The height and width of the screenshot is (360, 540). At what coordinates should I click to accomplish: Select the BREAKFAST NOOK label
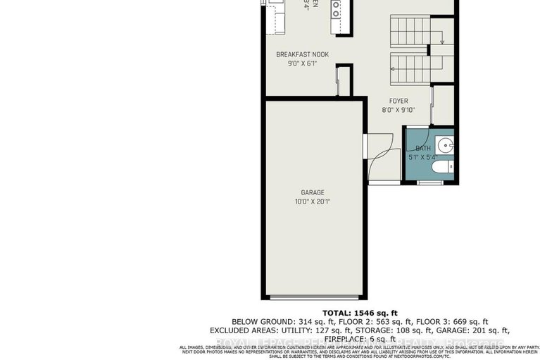coord(302,54)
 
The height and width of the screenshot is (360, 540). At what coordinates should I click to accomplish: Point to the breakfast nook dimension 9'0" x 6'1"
coord(302,63)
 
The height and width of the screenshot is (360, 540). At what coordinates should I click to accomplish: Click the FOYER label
coord(398,101)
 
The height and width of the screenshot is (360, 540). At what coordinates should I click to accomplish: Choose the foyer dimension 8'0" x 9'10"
coord(398,110)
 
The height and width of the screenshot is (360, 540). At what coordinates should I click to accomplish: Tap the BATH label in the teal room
coord(422,148)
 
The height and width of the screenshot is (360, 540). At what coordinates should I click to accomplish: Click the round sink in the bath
coord(445,146)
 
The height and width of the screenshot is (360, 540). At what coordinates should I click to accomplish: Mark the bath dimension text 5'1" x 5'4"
coord(422,157)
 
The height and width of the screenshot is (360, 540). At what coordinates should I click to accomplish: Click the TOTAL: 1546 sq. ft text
coord(360,313)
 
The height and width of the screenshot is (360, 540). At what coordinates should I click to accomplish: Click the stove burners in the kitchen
coord(337,9)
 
